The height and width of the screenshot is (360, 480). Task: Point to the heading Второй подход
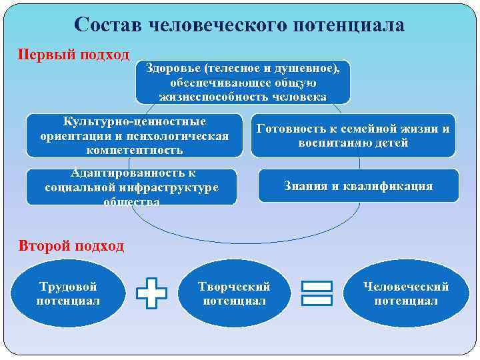pyautogui.click(x=71, y=246)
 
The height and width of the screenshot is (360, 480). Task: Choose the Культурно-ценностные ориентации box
pyautogui.click(x=134, y=135)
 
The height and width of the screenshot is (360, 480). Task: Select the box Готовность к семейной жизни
pyautogui.click(x=353, y=136)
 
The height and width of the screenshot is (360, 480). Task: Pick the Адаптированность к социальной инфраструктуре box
pyautogui.click(x=131, y=187)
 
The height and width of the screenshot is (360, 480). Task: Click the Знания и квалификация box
pyautogui.click(x=359, y=186)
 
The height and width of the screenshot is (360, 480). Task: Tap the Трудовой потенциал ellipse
pyautogui.click(x=68, y=294)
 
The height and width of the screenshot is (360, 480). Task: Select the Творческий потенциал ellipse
pyautogui.click(x=234, y=294)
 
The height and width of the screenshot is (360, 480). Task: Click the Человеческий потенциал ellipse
pyautogui.click(x=406, y=294)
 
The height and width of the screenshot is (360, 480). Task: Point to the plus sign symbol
pyautogui.click(x=151, y=294)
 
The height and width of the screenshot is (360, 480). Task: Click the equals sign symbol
pyautogui.click(x=317, y=294)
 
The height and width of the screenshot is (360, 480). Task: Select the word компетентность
pyautogui.click(x=134, y=149)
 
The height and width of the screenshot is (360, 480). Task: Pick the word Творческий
pyautogui.click(x=234, y=287)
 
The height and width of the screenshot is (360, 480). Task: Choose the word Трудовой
pyautogui.click(x=68, y=287)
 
